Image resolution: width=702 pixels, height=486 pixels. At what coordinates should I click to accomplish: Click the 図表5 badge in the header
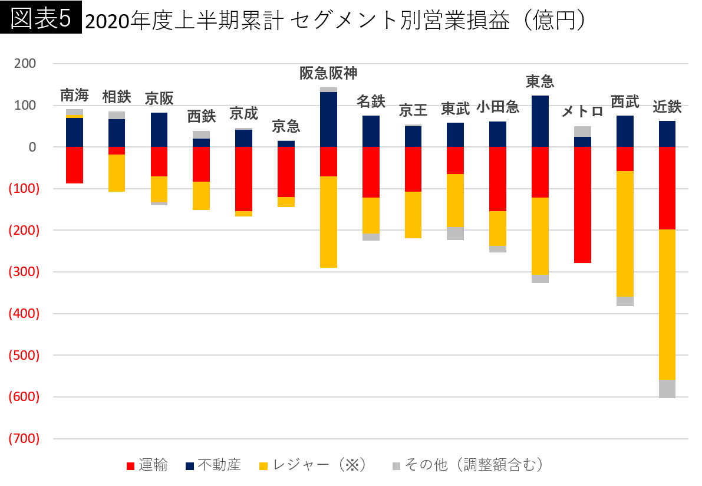coord(41,19)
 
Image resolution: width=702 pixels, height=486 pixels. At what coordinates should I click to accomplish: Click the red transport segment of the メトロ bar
coord(582,205)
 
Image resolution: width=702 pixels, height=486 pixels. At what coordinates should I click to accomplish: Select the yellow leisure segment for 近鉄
coord(667,304)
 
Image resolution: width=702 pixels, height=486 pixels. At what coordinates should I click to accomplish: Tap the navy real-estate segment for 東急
coord(540,121)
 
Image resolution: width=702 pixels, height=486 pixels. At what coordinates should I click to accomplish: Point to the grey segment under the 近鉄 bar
coord(667,389)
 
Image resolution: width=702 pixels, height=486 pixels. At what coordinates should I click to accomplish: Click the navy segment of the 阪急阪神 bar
coord(328,119)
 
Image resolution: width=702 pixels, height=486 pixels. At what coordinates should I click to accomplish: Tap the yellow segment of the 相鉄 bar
coord(117,173)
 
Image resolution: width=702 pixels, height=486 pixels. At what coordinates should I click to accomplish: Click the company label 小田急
coord(497,107)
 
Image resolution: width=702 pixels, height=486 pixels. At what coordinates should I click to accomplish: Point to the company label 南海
coord(74,95)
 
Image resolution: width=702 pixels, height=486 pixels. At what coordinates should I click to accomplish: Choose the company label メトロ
coord(582,111)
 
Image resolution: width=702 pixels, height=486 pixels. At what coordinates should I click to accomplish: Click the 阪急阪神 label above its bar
coord(328,73)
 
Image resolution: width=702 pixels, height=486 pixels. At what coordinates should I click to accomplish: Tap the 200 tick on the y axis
coord(28,63)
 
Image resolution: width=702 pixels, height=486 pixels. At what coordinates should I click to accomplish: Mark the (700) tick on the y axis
coord(24,438)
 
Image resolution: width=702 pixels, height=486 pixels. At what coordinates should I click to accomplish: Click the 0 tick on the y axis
coord(33,147)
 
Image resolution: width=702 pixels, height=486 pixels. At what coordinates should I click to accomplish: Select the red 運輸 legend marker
coord(131,466)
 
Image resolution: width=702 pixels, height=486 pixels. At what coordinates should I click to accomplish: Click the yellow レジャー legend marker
coord(263,466)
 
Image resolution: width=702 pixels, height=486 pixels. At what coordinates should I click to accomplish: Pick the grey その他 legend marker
coord(397,466)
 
